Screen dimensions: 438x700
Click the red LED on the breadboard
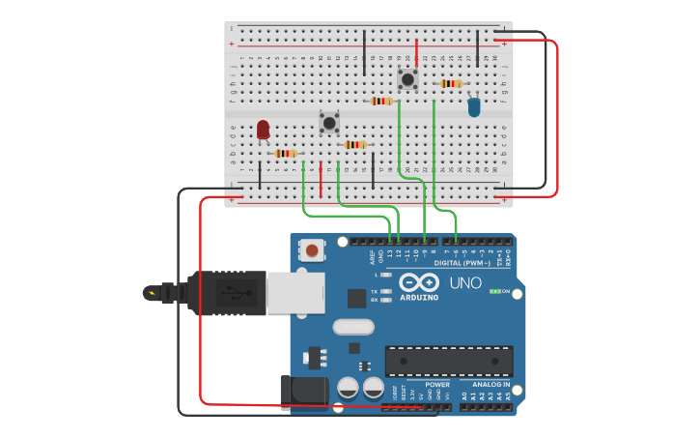click(x=263, y=129)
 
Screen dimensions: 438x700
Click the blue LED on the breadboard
click(x=473, y=107)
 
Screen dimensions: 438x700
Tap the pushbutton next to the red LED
click(x=329, y=123)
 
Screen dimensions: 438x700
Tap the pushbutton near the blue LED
click(x=407, y=78)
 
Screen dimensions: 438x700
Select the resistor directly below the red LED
click(x=284, y=153)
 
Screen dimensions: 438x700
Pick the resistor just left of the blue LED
click(x=450, y=84)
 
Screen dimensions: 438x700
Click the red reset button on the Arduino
click(x=312, y=251)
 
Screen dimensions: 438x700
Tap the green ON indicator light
click(x=494, y=290)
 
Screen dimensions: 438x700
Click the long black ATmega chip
click(x=449, y=361)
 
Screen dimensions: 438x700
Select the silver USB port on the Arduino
click(x=295, y=293)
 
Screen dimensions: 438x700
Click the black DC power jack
click(x=303, y=392)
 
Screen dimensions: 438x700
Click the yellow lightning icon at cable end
click(x=151, y=292)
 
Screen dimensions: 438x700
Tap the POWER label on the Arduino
click(x=436, y=384)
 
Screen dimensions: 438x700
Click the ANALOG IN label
click(x=487, y=384)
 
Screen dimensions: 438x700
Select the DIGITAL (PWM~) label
click(x=462, y=262)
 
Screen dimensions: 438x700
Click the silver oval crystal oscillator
click(x=353, y=327)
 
